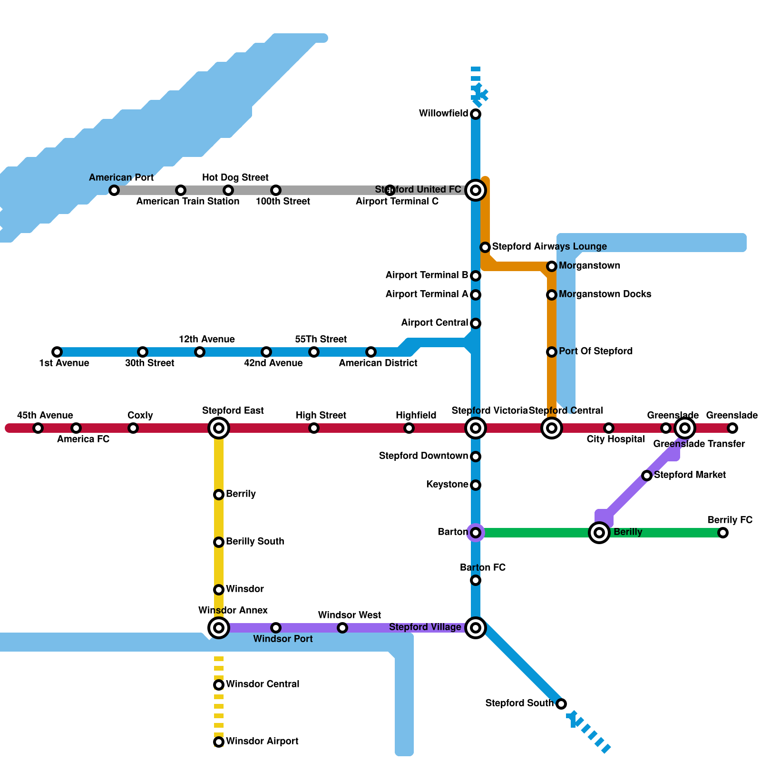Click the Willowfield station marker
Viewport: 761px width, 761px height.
476,114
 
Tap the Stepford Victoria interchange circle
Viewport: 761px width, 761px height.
476,428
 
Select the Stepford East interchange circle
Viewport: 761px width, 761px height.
219,428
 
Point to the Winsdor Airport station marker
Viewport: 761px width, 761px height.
219,742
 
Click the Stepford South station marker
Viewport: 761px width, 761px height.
561,704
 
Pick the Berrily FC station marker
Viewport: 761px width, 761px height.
723,533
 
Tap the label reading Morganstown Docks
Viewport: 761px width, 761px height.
605,294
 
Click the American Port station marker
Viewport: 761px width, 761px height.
114,190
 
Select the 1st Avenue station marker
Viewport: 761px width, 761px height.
57,352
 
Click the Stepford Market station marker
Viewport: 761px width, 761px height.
647,476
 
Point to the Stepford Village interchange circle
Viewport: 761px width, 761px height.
476,628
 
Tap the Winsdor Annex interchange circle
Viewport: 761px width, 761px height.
219,628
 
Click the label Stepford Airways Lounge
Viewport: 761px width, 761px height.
549,246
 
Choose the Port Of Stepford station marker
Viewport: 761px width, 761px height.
552,352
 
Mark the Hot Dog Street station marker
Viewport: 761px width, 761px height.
228,190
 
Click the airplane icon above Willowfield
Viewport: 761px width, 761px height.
480,93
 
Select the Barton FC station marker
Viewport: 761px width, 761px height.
476,580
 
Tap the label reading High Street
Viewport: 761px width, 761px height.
321,415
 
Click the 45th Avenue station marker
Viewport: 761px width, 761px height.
38,428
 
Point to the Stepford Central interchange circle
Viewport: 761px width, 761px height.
552,428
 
